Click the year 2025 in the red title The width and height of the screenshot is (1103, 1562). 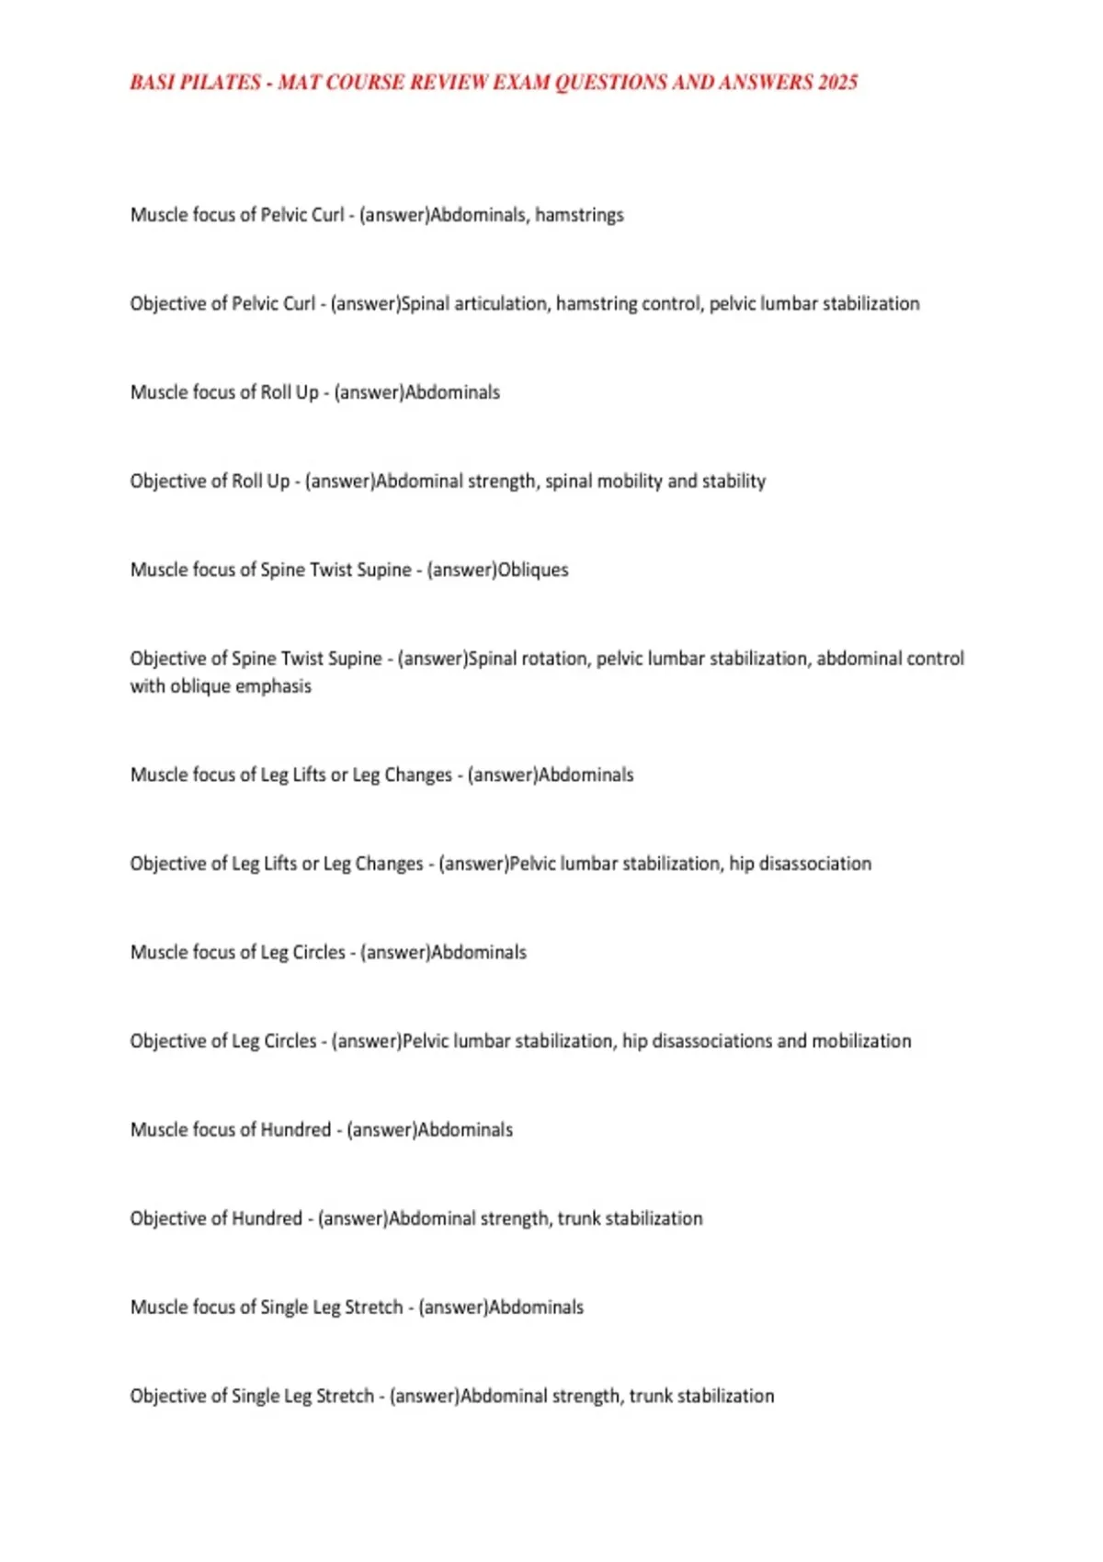pyautogui.click(x=837, y=83)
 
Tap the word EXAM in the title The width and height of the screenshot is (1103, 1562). pyautogui.click(x=521, y=83)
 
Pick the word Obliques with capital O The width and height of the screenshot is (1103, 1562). pyautogui.click(x=533, y=570)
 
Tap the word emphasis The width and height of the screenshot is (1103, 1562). pyautogui.click(x=273, y=686)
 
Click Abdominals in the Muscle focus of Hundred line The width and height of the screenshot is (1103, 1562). pyautogui.click(x=465, y=1130)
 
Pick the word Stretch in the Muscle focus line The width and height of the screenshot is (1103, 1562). pyautogui.click(x=374, y=1307)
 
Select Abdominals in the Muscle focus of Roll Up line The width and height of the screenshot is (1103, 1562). pyautogui.click(x=452, y=392)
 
